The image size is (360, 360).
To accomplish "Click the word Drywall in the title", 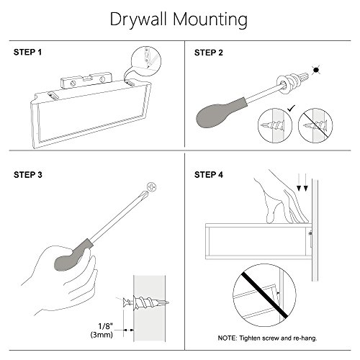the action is pyautogui.click(x=138, y=19).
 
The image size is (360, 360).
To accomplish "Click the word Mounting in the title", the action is pyautogui.click(x=210, y=19).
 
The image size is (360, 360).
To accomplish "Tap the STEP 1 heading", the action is pyautogui.click(x=27, y=52).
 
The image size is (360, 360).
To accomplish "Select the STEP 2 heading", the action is pyautogui.click(x=209, y=53).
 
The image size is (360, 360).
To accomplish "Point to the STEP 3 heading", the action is pyautogui.click(x=28, y=175).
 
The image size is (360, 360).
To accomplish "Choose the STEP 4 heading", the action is pyautogui.click(x=209, y=175).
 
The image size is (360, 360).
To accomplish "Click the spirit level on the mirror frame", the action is pyautogui.click(x=86, y=81).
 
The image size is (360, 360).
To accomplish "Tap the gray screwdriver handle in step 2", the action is pyautogui.click(x=220, y=113).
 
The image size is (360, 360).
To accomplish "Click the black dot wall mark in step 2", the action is pyautogui.click(x=316, y=70).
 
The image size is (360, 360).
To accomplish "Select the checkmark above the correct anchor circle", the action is pyautogui.click(x=291, y=109).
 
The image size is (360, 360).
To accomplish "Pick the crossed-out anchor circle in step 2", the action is pyautogui.click(x=315, y=126).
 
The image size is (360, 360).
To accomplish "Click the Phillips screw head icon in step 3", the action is pyautogui.click(x=152, y=186).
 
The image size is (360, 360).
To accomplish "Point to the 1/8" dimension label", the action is pyautogui.click(x=105, y=326).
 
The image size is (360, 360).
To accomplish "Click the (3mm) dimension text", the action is pyautogui.click(x=102, y=334).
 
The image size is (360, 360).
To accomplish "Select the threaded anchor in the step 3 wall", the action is pyautogui.click(x=146, y=303).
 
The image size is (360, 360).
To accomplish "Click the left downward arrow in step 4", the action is pyautogui.click(x=299, y=182).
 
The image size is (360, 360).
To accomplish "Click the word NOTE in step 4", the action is pyautogui.click(x=227, y=338).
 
